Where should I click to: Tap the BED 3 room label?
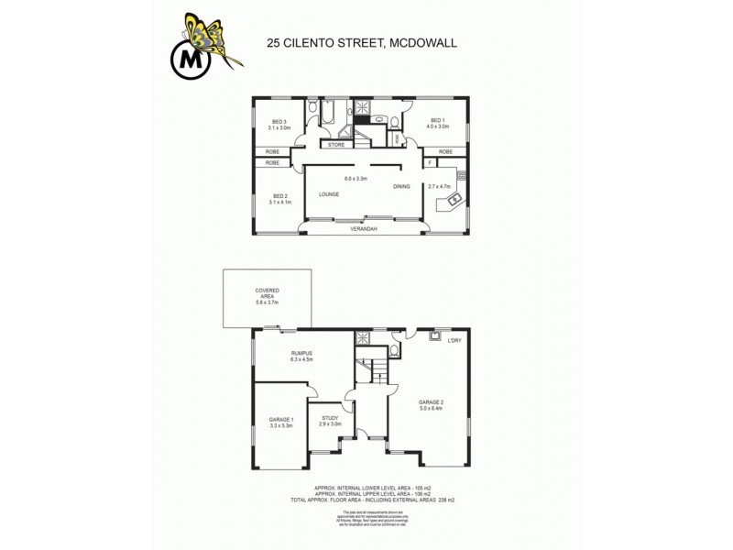[279, 122]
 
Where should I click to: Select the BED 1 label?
[438, 122]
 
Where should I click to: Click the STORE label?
[336, 144]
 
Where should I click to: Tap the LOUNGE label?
[329, 194]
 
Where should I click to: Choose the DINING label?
[402, 187]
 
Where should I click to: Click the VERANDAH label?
[365, 229]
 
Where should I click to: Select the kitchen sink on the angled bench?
[452, 199]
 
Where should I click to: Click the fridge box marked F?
[429, 163]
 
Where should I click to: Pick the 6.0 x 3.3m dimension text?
[355, 178]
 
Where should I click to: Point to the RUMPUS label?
[302, 353]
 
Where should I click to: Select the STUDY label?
[330, 418]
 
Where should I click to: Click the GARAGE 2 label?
[431, 402]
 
